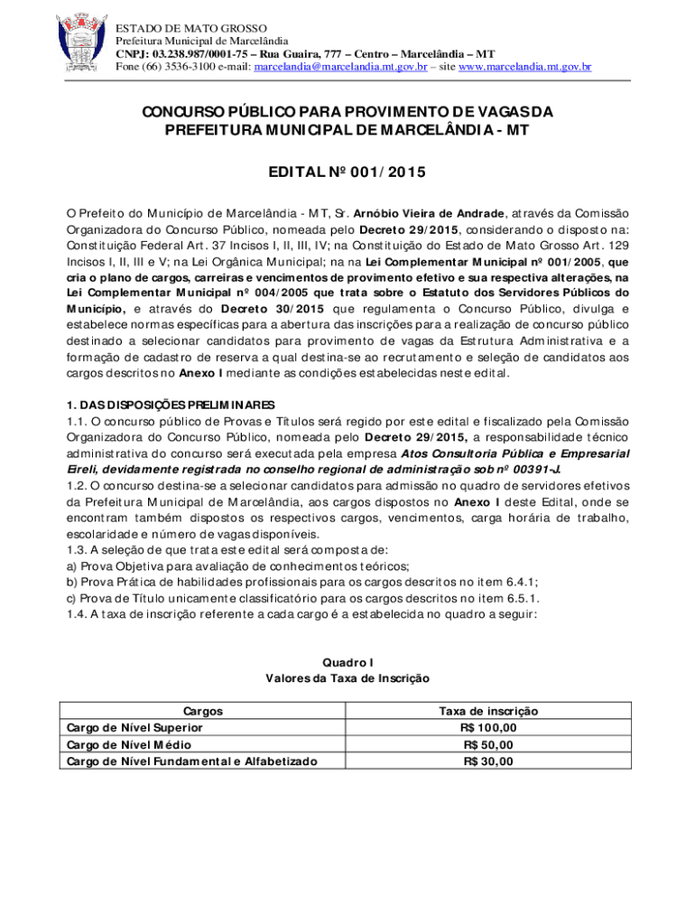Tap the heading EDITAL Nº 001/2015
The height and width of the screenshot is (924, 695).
pyautogui.click(x=347, y=171)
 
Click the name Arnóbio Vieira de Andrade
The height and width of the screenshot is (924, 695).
pyautogui.click(x=429, y=213)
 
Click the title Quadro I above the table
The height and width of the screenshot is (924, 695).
pyautogui.click(x=347, y=661)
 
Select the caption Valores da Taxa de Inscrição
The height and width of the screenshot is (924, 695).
pyautogui.click(x=347, y=678)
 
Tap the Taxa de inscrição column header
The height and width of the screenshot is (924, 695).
pyautogui.click(x=489, y=712)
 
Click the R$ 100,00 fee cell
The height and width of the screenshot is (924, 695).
pyautogui.click(x=489, y=727)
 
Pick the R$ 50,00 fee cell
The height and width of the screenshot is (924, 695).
pyautogui.click(x=489, y=744)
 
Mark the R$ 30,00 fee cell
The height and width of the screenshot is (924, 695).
pyautogui.click(x=489, y=762)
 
